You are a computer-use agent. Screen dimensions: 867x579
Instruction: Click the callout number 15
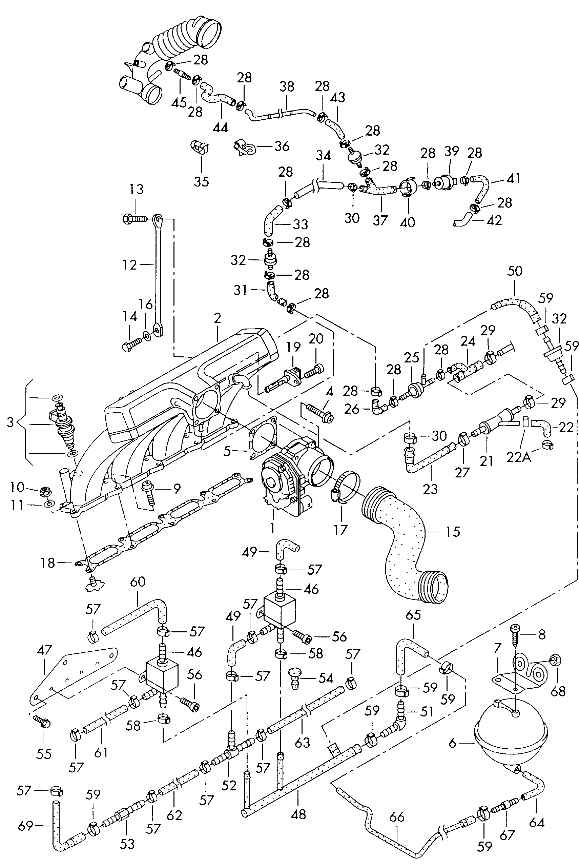pos(453,532)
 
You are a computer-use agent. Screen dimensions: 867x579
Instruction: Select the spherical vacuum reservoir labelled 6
pos(510,730)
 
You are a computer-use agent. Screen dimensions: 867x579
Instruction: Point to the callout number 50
pos(515,271)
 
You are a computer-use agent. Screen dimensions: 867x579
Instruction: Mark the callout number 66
pos(397,817)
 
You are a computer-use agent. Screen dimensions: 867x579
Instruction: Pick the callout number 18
pos(48,563)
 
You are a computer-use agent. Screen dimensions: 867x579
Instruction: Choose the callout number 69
pos(25,826)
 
